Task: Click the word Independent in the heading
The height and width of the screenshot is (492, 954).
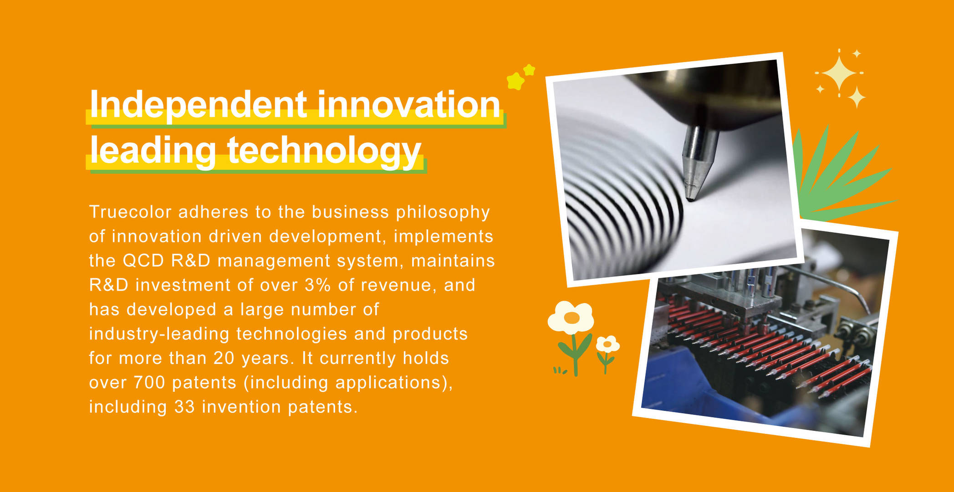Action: [x=198, y=104]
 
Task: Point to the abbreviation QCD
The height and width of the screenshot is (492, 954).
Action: [x=143, y=261]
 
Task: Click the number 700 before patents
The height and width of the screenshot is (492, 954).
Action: [x=149, y=382]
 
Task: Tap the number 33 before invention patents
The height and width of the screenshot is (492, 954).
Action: [x=184, y=407]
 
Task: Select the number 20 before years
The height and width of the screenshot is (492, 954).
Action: [x=224, y=358]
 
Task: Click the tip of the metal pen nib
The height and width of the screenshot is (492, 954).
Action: [x=691, y=199]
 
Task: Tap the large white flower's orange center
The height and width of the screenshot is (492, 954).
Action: [x=571, y=318]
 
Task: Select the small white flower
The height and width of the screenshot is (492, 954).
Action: [x=607, y=344]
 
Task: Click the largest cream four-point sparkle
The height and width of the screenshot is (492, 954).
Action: [x=839, y=73]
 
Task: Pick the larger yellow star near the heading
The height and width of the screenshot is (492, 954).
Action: [x=515, y=81]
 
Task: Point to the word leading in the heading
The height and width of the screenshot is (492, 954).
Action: [x=153, y=151]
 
